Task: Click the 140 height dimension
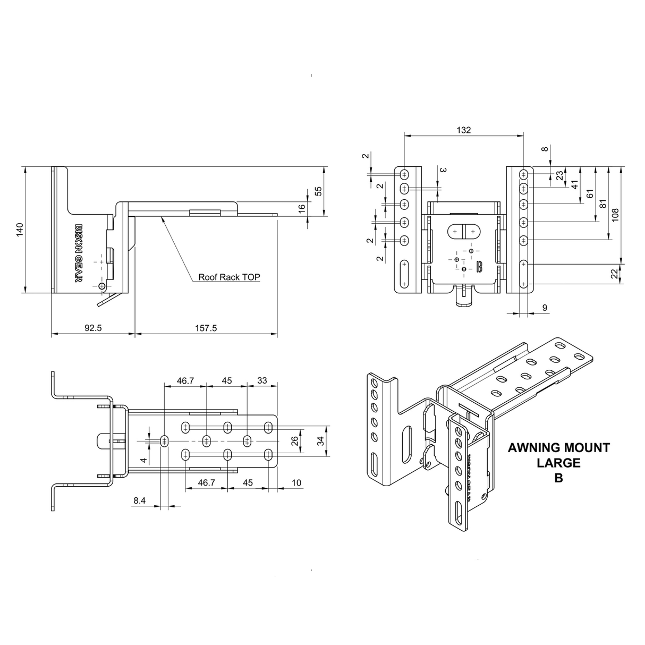[x=20, y=229]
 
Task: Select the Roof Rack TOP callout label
[x=229, y=277]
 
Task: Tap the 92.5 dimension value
[x=92, y=328]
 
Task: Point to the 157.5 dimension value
[x=206, y=328]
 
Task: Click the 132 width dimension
[x=463, y=130]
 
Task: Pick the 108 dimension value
[x=615, y=215]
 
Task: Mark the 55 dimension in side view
[x=319, y=191]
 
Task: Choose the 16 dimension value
[x=302, y=209]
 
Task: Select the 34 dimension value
[x=319, y=440]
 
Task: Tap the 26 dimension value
[x=295, y=440]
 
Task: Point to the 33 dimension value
[x=262, y=380]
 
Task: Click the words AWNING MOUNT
[x=558, y=447]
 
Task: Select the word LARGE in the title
[x=558, y=462]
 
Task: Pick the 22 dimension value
[x=615, y=274]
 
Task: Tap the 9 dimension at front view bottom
[x=545, y=308]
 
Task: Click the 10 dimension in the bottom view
[x=296, y=482]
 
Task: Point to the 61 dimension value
[x=589, y=194]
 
